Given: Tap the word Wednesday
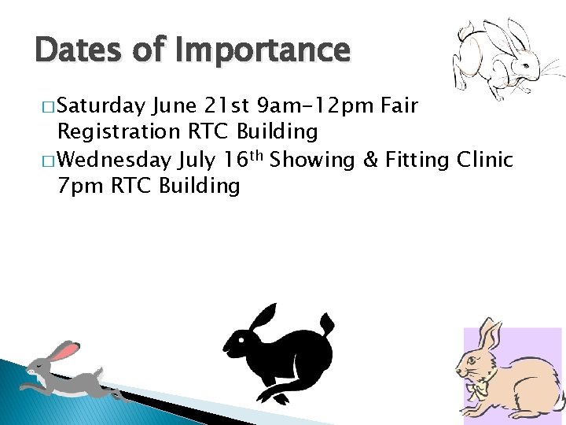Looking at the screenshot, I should click(115, 159).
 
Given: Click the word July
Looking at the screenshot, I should click(197, 159).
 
